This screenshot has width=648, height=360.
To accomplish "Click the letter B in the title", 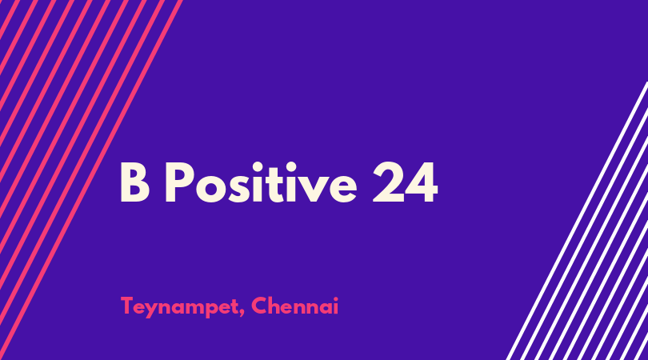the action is [x=134, y=182].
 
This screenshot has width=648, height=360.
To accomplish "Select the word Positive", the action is [x=261, y=182].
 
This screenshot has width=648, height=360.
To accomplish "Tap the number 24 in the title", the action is [x=405, y=182].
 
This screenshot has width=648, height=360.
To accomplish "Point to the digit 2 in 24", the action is [x=389, y=182].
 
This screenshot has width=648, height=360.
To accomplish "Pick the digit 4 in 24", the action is [x=422, y=182].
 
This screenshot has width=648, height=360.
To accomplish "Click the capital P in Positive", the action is [x=179, y=182].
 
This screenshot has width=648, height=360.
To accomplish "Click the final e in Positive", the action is [x=342, y=189].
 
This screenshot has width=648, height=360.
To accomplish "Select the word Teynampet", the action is [x=179, y=307].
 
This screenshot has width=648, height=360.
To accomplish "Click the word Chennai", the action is [x=294, y=306].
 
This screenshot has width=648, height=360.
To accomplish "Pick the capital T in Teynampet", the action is [x=129, y=306].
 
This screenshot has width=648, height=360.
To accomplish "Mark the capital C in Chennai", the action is [x=259, y=306].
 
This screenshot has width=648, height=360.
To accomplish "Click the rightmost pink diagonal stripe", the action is [x=90, y=180].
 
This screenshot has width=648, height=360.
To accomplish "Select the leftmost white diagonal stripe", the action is [x=577, y=221].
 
